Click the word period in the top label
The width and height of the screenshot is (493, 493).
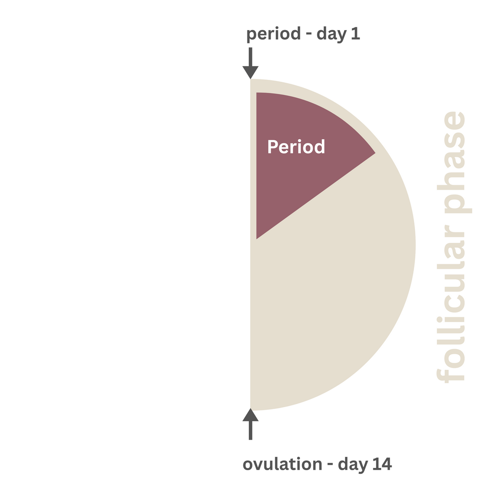(273, 34)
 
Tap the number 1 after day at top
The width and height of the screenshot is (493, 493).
(356, 33)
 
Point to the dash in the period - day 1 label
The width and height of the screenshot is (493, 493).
(309, 35)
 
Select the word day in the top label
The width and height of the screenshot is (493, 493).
(332, 34)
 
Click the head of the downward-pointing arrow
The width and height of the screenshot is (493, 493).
(250, 72)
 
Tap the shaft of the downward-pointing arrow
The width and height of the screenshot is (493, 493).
(250, 57)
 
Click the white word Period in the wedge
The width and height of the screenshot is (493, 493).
(296, 147)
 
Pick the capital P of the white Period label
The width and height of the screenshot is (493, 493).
(273, 147)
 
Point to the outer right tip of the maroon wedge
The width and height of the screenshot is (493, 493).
(375, 153)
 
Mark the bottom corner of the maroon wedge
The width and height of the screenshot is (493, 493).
(257, 239)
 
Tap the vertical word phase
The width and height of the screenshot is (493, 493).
(454, 163)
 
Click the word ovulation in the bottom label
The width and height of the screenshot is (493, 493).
(283, 464)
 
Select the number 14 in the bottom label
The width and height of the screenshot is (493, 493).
(382, 464)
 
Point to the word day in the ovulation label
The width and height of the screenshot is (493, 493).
(353, 465)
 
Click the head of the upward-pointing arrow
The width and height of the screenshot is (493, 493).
(250, 414)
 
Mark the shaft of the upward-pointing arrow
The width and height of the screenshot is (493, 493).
(250, 430)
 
